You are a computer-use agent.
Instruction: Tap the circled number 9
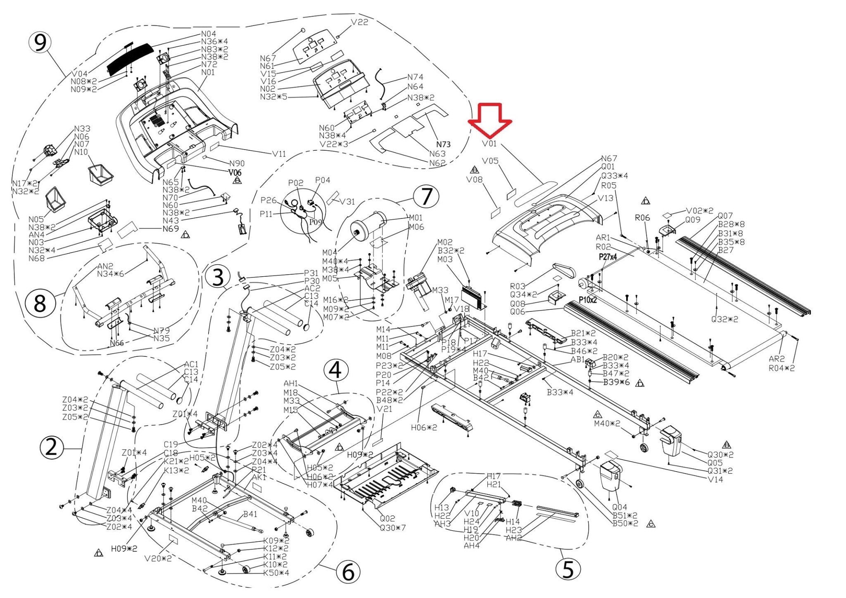[40, 43]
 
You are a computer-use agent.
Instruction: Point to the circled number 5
[568, 569]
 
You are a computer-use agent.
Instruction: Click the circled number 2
[51, 448]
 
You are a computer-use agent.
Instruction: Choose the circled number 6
[348, 572]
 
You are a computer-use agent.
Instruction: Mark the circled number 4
[335, 370]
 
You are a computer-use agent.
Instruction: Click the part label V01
[490, 144]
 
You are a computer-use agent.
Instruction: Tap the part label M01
[416, 218]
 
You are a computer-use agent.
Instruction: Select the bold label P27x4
[608, 257]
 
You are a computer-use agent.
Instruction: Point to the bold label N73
[443, 144]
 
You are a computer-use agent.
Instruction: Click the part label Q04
[619, 507]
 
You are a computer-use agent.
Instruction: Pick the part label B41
[250, 514]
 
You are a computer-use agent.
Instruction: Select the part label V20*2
[158, 559]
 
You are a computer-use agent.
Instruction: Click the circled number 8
[40, 304]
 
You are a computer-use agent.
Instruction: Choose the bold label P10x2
[587, 300]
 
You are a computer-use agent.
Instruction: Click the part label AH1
[291, 384]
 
